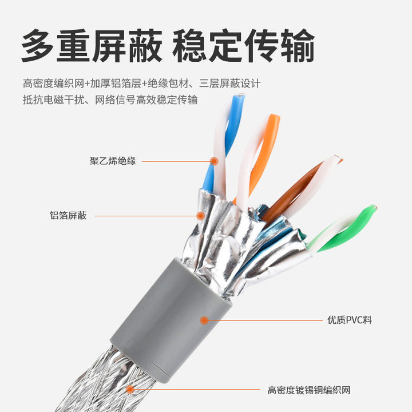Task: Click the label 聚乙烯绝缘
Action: tap(113, 161)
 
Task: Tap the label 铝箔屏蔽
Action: tap(68, 216)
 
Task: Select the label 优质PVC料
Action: tap(350, 320)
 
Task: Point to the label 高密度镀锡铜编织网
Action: tap(309, 390)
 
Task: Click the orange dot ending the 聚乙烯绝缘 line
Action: tap(214, 161)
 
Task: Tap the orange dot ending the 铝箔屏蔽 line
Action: tap(200, 216)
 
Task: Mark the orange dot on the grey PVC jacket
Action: tap(204, 320)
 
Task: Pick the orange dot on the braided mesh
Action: tap(130, 390)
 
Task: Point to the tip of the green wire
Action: tap(374, 207)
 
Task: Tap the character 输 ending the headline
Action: tap(298, 46)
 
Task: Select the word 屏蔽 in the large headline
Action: tap(127, 46)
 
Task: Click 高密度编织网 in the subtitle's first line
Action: tap(54, 84)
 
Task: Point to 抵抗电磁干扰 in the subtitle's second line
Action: tap(54, 100)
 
